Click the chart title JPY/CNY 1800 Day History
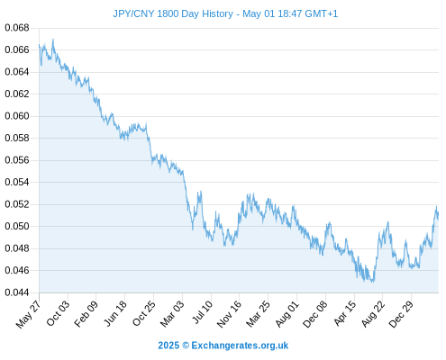[x=173, y=13]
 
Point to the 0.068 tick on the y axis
[x=17, y=28]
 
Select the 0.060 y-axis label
[x=17, y=116]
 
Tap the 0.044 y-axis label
[x=17, y=292]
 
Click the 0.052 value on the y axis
[x=17, y=204]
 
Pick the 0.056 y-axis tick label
[x=17, y=160]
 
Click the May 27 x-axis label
[x=28, y=314]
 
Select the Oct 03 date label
[x=58, y=313]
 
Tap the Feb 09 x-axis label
[x=86, y=313]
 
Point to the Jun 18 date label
[x=115, y=313]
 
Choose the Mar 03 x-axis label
[x=172, y=313]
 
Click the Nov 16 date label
[x=229, y=313]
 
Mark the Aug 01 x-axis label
[x=287, y=313]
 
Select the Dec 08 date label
[x=315, y=314]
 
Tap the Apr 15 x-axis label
[x=345, y=313]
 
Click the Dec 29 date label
[x=401, y=314]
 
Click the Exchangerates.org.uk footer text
[x=240, y=346]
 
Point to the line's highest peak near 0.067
[x=53, y=40]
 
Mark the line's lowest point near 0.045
[x=373, y=282]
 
